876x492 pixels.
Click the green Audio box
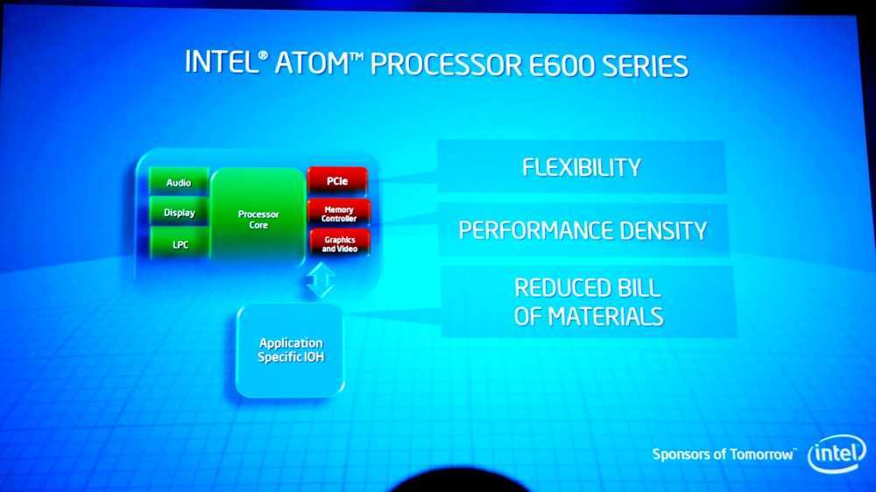(180, 182)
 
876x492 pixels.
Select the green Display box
(180, 213)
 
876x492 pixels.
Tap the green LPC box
(180, 244)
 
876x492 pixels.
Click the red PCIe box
(337, 181)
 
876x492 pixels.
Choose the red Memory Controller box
(338, 213)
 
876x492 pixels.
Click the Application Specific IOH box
(290, 349)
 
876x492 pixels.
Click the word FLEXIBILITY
(581, 166)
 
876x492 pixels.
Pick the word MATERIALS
(604, 315)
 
